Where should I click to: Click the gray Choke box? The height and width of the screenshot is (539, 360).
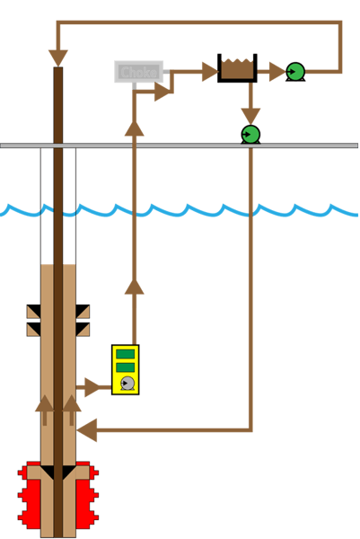click(x=138, y=72)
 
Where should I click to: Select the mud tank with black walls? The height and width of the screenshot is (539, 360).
click(x=237, y=69)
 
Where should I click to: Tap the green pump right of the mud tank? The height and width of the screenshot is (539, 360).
click(x=295, y=71)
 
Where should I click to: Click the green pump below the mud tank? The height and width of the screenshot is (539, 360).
click(x=250, y=134)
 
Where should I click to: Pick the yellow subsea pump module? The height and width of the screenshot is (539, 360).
click(x=125, y=369)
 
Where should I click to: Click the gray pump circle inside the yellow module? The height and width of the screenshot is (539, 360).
click(x=127, y=384)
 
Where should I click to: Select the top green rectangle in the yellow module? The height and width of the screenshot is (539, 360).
click(x=125, y=354)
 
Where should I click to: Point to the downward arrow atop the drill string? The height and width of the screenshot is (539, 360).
click(x=58, y=57)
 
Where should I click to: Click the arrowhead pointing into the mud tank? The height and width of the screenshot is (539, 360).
click(x=209, y=71)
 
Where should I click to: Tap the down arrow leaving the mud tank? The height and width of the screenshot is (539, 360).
click(x=250, y=114)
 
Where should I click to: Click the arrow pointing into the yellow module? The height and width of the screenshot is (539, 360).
click(x=92, y=387)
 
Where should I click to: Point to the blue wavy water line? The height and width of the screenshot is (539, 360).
click(x=180, y=210)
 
